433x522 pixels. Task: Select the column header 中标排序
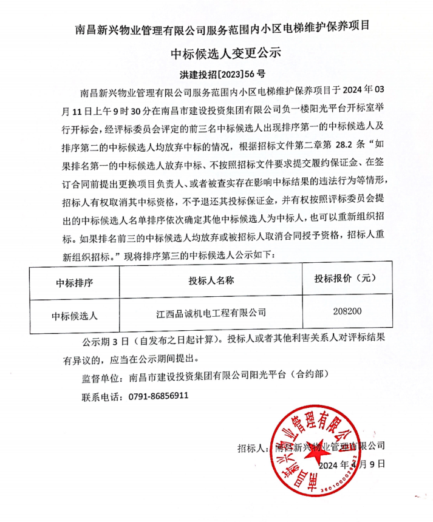pos(74,280)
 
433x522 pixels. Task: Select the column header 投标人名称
pos(211,280)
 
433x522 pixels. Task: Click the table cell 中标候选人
pos(74,314)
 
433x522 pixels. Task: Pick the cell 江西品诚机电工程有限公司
pos(211,313)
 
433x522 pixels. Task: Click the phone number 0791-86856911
pos(159,395)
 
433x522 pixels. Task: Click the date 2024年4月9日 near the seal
pos(352,464)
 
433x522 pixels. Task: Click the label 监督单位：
pos(102,376)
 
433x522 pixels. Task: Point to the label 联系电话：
pos(102,396)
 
